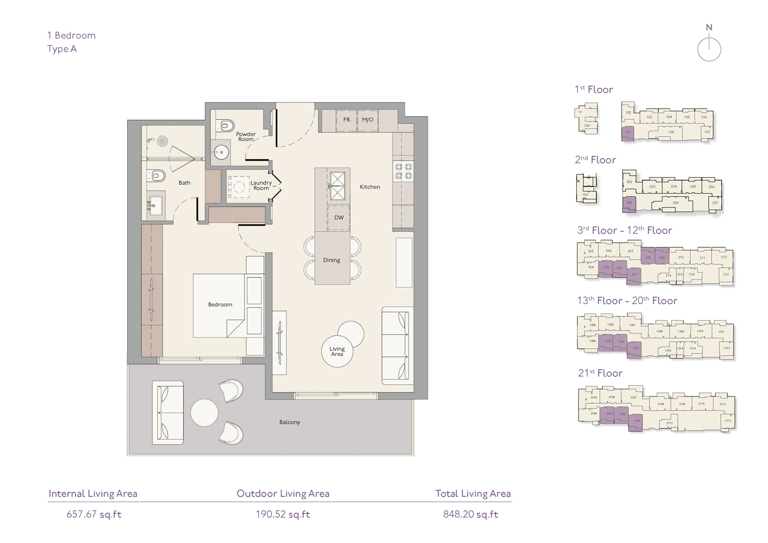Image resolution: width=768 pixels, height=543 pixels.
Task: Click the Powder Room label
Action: pos(246,137)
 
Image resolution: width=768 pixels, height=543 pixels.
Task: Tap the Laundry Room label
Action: pos(261,185)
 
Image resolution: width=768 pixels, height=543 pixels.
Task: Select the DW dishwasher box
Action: pos(339,218)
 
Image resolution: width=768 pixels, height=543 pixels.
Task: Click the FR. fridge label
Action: pos(347,120)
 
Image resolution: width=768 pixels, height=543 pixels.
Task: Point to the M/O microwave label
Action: pos(367,120)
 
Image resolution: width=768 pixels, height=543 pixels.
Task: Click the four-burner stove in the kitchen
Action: pos(403,172)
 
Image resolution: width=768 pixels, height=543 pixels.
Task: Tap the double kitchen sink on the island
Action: pos(337,185)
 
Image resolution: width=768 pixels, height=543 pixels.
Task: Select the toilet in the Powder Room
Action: pos(225,126)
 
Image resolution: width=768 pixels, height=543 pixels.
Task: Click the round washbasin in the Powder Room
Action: pos(221,152)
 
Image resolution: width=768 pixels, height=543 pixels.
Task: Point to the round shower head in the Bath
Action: pos(162,141)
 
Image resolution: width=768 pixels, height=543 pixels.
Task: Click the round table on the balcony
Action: pos(204,412)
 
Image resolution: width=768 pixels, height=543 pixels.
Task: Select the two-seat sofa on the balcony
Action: pos(168,412)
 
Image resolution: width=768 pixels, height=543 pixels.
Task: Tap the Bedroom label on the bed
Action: pos(220,305)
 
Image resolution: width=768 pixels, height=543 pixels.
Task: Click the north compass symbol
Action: pos(709,49)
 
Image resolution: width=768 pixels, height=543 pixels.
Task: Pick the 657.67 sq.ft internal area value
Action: pos(94,514)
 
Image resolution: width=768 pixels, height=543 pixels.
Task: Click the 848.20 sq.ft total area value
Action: pos(470,514)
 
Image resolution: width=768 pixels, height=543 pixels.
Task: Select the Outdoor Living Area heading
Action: pos(283,494)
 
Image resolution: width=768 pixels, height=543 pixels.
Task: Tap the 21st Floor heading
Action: pos(600,373)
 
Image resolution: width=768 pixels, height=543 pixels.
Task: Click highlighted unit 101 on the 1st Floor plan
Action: pos(628,133)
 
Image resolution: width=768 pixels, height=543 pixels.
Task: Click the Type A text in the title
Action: pos(62,49)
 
